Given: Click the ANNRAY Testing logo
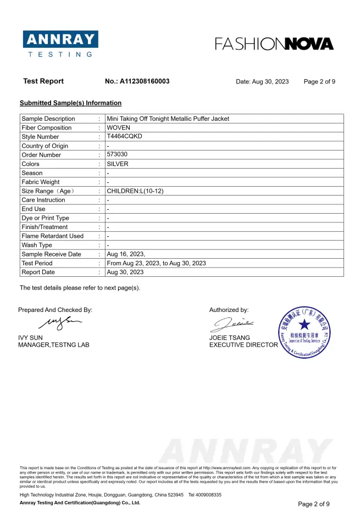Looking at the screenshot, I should pos(60,43).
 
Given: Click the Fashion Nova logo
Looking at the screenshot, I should pos(274,44).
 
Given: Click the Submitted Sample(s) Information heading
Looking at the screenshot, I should pos(70,103).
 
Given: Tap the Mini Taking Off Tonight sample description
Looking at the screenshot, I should pos(168,119).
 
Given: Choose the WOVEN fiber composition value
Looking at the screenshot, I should pos(118,128).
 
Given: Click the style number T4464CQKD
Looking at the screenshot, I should pos(124,136).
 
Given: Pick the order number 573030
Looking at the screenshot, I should pos(117,155).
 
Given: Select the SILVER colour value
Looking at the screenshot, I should pos(118,164).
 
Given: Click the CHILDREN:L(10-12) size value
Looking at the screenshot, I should pos(135,191).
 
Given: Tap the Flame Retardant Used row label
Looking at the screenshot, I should pos(53,236).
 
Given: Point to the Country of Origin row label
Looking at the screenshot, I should pos(45,146).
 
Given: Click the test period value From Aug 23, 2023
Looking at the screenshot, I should pos(156,263).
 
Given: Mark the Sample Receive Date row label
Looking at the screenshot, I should pos(51,254).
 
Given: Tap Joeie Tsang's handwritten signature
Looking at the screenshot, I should pos(234,324).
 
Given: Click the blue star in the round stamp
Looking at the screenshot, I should pos(304,325).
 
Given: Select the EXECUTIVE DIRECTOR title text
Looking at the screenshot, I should pos(243,345).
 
